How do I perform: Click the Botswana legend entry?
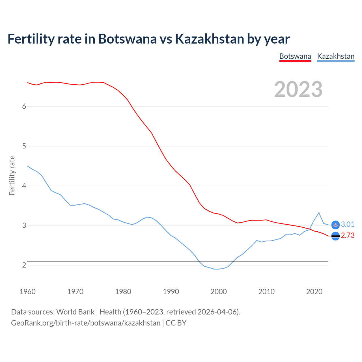[x=295, y=56]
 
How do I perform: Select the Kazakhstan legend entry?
[x=336, y=56]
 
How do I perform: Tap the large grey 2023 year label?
[x=298, y=89]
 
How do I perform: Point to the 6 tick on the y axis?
[x=24, y=107]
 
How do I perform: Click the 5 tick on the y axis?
[x=24, y=146]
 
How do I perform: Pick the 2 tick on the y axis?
[x=24, y=265]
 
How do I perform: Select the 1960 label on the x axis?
[x=27, y=292]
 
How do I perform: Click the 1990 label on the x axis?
[x=171, y=292]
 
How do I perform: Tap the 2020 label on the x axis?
[x=314, y=292]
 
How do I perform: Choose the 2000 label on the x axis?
[x=219, y=292]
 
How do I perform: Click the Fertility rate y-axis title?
[x=12, y=175]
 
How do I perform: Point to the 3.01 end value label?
[x=348, y=225]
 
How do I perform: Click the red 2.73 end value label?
[x=348, y=236]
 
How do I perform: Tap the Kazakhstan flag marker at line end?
[x=335, y=225]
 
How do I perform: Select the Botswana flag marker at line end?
[x=335, y=236]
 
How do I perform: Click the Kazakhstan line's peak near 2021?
[x=319, y=213]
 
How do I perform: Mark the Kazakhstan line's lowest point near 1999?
[x=214, y=269]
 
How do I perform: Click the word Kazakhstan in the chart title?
[x=209, y=39]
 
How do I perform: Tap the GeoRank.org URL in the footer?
[x=86, y=323]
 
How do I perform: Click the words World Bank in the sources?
[x=75, y=312]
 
